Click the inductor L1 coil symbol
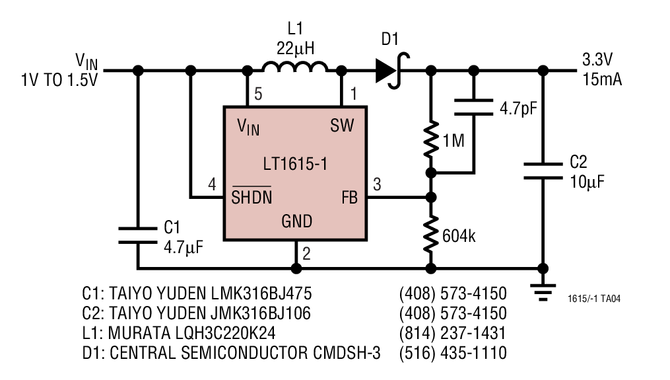[295, 67]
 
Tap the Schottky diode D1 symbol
[392, 70]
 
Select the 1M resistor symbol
[432, 139]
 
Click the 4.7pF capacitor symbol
[473, 108]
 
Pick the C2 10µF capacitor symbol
[543, 171]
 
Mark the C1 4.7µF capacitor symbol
[137, 236]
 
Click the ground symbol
[543, 293]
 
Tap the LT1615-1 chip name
[295, 164]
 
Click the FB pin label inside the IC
[350, 198]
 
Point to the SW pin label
[343, 126]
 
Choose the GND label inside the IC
[296, 221]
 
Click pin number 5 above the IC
[258, 94]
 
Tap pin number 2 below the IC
[306, 254]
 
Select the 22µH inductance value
[295, 49]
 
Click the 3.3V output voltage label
[597, 60]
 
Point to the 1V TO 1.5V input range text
[59, 80]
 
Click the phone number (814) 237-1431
[453, 333]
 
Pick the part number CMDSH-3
[347, 353]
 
